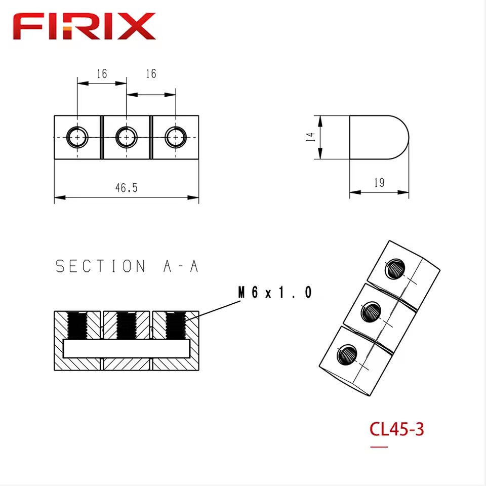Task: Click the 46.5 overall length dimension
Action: click(x=126, y=188)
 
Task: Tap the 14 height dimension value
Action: click(x=310, y=137)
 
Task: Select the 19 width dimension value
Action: click(x=379, y=183)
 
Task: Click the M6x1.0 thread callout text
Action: click(x=274, y=292)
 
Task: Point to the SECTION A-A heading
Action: click(x=127, y=266)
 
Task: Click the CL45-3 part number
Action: click(x=397, y=429)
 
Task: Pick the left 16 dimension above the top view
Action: click(x=102, y=74)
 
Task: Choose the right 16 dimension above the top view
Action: click(x=151, y=73)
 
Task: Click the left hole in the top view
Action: click(x=77, y=137)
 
